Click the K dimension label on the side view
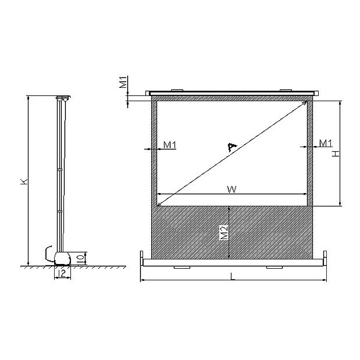24,182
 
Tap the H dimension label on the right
335,154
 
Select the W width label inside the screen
232,190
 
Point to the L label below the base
233,277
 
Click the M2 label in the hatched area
224,232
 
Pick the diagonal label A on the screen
232,147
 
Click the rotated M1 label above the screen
123,82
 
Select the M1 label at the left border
170,145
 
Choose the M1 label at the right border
326,143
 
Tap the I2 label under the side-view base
62,273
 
